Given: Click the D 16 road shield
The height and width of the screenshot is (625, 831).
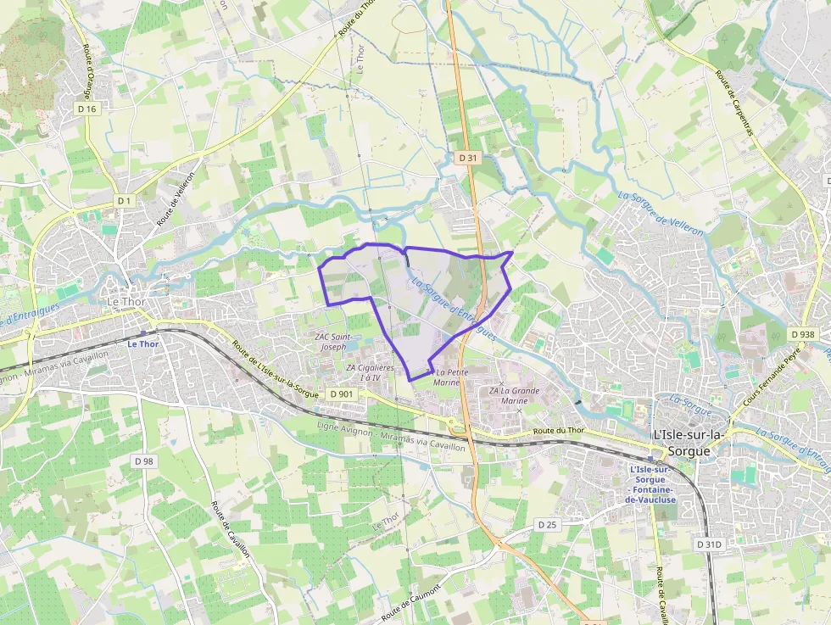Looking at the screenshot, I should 87,109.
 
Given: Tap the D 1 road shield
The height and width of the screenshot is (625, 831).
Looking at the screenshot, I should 125,200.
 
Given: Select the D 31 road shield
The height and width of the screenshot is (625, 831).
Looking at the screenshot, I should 469,158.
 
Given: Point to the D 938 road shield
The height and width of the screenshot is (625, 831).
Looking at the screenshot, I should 801,334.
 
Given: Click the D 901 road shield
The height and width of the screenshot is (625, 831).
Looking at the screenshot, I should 342,394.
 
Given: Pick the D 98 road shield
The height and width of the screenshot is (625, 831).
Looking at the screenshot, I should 144,460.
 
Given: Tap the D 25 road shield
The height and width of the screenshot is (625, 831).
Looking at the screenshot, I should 548,525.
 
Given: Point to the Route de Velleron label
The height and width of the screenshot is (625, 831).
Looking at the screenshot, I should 176,199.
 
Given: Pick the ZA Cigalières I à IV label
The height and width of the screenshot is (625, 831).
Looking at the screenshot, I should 371,372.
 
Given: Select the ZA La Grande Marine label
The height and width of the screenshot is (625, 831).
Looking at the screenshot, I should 515,395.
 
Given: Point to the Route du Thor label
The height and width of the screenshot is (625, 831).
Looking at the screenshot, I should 559,432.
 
